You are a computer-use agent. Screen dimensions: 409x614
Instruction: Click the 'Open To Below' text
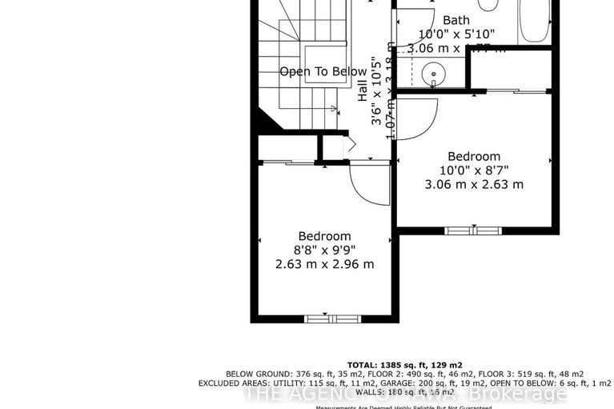pyautogui.click(x=323, y=72)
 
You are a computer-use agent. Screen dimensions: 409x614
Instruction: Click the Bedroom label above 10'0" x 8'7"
pyautogui.click(x=474, y=157)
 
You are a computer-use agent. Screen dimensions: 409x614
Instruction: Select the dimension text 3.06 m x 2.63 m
pyautogui.click(x=474, y=184)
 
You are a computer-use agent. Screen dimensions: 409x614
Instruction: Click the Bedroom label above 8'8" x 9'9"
pyautogui.click(x=324, y=236)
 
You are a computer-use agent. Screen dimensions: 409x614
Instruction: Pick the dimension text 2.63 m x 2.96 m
pyautogui.click(x=324, y=264)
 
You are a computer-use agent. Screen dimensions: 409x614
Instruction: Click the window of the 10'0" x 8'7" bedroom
pyautogui.click(x=473, y=231)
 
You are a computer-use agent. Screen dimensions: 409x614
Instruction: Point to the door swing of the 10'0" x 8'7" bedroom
pyautogui.click(x=417, y=117)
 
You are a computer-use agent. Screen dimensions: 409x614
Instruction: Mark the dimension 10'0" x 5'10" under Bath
pyautogui.click(x=457, y=34)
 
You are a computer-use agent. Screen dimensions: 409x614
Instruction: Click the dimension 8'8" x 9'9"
pyautogui.click(x=324, y=250)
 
